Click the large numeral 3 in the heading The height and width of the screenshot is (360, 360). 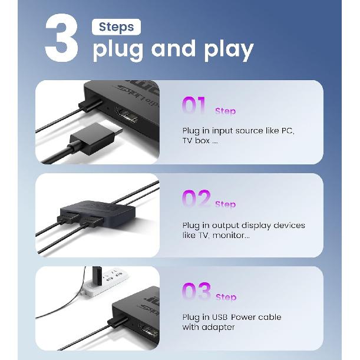pos(61,38)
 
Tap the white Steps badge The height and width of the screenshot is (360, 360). pos(116,27)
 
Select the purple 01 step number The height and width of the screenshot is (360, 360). pos(193,105)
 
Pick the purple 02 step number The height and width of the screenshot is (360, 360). pos(196,199)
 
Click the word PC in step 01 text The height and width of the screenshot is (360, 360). pos(288,131)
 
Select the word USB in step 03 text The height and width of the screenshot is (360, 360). pos(220,317)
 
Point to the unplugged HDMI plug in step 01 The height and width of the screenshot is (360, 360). pos(95,137)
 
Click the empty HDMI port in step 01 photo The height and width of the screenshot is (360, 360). pos(127,114)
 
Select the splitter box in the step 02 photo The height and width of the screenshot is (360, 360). pos(97,212)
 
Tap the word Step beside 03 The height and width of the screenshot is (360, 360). pos(226,297)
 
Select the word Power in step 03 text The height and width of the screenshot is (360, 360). pos(243,317)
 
